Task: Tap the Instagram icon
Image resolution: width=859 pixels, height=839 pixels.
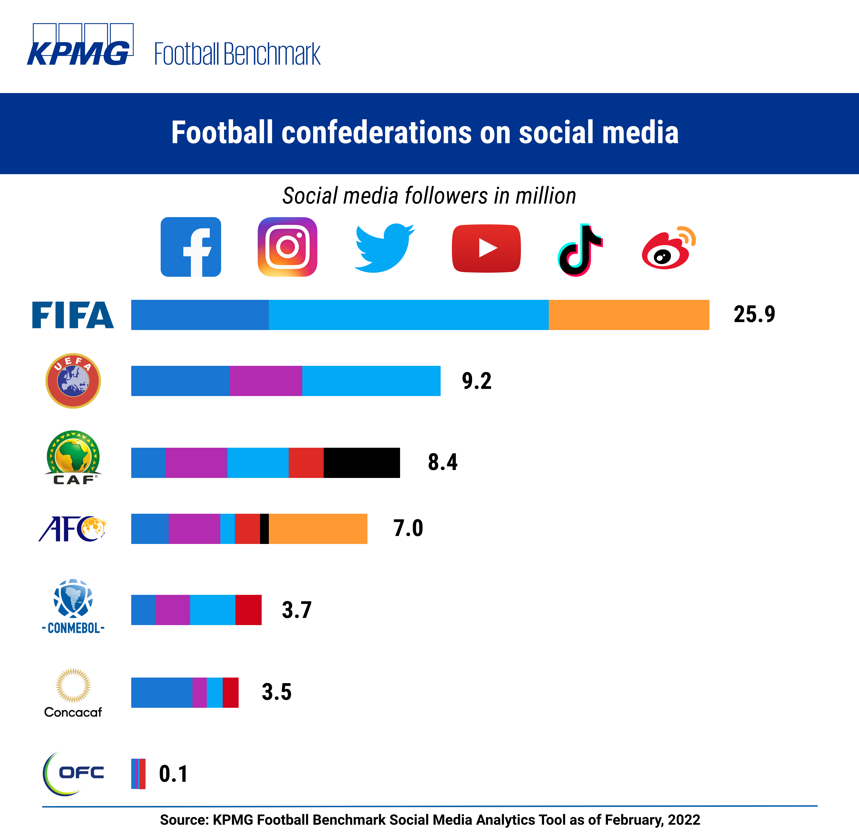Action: [287, 247]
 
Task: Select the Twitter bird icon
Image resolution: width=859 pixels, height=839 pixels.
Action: [384, 248]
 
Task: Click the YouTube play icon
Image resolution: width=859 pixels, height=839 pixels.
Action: [486, 248]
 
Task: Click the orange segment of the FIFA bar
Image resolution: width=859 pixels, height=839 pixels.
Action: [629, 315]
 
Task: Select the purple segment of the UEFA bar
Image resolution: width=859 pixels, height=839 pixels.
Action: [266, 381]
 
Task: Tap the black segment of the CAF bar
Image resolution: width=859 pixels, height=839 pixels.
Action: [361, 463]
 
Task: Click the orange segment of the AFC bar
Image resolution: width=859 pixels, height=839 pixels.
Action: [318, 529]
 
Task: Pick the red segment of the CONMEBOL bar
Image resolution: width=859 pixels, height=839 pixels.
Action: [248, 610]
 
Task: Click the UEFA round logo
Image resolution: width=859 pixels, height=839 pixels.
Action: [73, 381]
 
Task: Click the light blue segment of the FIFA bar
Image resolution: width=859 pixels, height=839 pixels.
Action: [409, 315]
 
